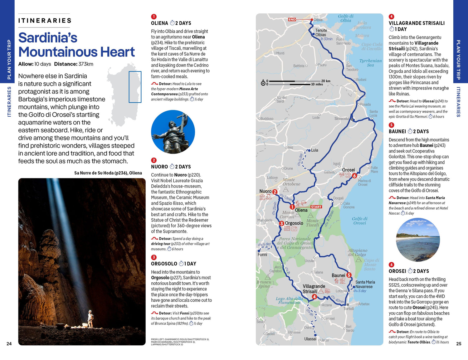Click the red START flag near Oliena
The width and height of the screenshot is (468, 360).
(x=316, y=207)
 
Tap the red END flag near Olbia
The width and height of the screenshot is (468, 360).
(x=292, y=19)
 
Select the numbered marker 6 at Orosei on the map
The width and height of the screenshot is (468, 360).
(x=354, y=176)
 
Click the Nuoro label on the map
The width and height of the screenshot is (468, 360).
(x=265, y=191)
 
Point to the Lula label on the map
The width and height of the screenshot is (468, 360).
(x=314, y=150)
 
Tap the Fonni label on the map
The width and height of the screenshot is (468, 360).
(x=262, y=255)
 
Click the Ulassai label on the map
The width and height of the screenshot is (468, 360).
(x=310, y=339)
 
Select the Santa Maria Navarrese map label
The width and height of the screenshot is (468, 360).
(x=365, y=284)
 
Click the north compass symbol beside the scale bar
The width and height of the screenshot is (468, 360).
(x=263, y=83)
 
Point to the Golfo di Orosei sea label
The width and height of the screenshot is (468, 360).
(x=359, y=221)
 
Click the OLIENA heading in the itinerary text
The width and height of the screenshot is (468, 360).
(x=159, y=23)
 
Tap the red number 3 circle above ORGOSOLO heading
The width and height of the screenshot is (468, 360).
(x=154, y=257)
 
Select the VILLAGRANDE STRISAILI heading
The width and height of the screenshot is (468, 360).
(x=417, y=23)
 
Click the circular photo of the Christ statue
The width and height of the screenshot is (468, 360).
(x=173, y=132)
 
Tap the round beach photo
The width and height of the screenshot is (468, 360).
(x=418, y=240)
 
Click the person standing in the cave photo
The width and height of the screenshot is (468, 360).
(x=90, y=319)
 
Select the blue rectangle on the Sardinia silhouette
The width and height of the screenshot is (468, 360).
(x=135, y=87)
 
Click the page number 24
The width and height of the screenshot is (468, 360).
(x=9, y=343)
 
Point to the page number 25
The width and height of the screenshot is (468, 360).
(x=459, y=343)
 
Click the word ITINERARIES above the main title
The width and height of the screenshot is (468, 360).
(x=45, y=21)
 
